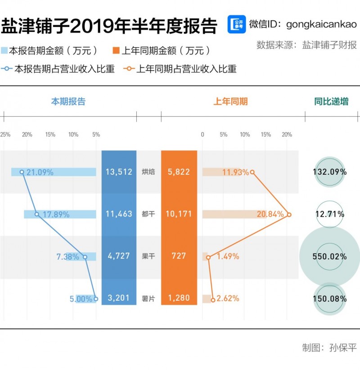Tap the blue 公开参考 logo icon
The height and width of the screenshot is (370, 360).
pyautogui.click(x=236, y=25)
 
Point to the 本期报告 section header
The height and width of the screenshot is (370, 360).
pyautogui.click(x=68, y=102)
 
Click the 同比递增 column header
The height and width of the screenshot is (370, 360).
pyautogui.click(x=331, y=102)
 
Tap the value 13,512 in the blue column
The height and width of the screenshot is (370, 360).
pyautogui.click(x=119, y=171)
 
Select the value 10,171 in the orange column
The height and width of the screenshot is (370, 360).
pyautogui.click(x=179, y=214)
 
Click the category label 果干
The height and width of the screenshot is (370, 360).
pyautogui.click(x=148, y=257)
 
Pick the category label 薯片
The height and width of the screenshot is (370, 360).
pyautogui.click(x=148, y=298)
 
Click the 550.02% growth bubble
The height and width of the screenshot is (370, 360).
pyautogui.click(x=330, y=257)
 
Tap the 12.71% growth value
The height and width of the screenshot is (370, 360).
pyautogui.click(x=330, y=214)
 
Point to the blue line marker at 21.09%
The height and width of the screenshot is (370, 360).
pyautogui.click(x=22, y=172)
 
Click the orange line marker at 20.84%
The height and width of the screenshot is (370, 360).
pyautogui.click(x=289, y=214)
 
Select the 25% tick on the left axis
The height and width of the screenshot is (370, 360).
pyautogui.click(x=5, y=135)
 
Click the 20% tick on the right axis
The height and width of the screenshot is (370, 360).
pyautogui.click(x=287, y=135)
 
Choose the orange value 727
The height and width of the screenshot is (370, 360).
pyautogui.click(x=179, y=256)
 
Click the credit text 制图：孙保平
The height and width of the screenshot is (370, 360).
pyautogui.click(x=329, y=347)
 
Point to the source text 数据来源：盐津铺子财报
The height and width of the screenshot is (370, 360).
pyautogui.click(x=306, y=45)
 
